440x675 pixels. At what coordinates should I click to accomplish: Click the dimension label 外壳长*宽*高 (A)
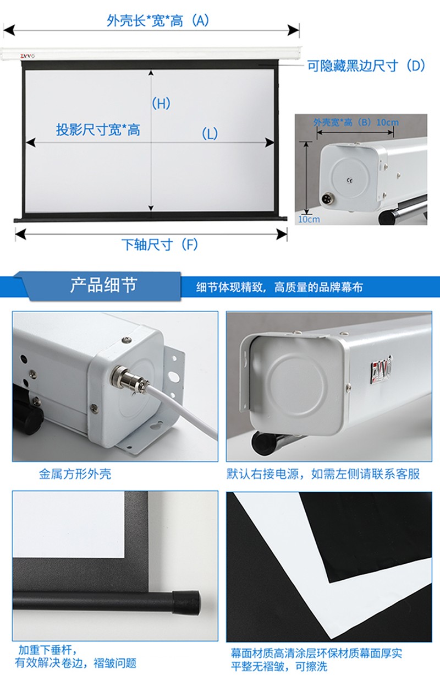click(x=158, y=21)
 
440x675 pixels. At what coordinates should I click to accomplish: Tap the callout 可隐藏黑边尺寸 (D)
click(x=366, y=66)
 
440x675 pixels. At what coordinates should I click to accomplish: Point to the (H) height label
click(x=161, y=104)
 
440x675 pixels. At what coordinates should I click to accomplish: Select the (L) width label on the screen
click(x=210, y=133)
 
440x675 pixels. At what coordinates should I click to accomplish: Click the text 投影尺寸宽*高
click(x=98, y=130)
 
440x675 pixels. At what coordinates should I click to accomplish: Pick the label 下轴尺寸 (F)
click(x=160, y=244)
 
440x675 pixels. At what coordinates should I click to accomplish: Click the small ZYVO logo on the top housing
click(x=28, y=56)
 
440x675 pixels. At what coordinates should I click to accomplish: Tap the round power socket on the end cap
click(x=326, y=199)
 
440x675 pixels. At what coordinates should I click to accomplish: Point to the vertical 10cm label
click(x=309, y=219)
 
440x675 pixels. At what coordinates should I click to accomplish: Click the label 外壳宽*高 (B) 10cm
click(x=356, y=122)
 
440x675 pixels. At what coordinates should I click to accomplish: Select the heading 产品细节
click(x=104, y=285)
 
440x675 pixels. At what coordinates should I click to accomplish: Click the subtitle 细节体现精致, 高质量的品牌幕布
click(x=279, y=287)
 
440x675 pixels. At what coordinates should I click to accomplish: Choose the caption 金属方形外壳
click(x=75, y=474)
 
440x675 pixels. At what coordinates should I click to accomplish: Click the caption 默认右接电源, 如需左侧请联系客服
click(x=323, y=474)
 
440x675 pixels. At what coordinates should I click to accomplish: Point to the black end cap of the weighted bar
click(x=186, y=602)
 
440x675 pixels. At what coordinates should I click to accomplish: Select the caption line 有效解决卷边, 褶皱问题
click(x=75, y=663)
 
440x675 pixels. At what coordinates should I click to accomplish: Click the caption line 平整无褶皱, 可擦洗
click(x=279, y=666)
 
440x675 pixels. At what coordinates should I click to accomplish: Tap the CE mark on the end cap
click(x=349, y=181)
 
